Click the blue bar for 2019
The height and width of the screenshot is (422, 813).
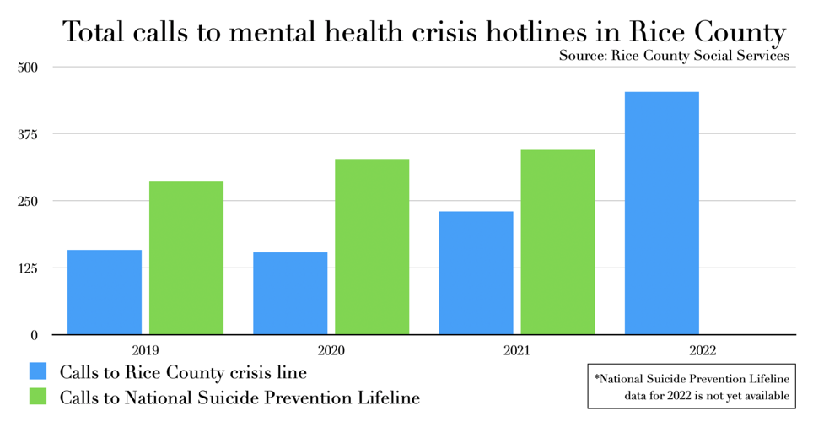105,292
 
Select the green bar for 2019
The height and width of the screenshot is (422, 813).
186,258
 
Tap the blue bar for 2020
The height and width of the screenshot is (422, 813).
290,294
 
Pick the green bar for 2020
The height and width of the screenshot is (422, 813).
372,246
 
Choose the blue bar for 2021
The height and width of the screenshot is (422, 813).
476,273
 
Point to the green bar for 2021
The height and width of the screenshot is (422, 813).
557,242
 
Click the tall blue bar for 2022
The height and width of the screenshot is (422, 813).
661,213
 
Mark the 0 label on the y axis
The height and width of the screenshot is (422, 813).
35,335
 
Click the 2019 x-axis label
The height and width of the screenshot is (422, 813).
145,349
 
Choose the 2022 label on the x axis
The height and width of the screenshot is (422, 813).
702,349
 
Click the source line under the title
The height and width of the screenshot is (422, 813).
673,56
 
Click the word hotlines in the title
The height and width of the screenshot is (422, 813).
541,32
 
